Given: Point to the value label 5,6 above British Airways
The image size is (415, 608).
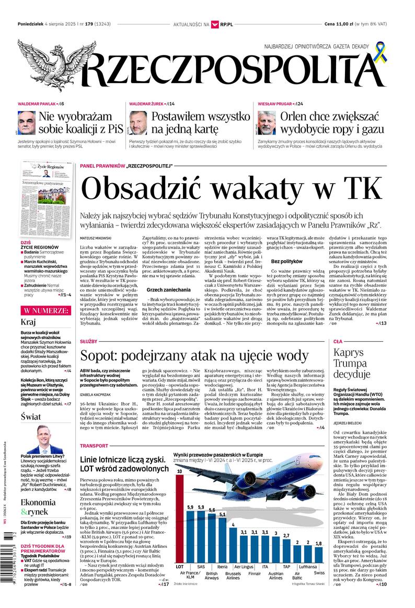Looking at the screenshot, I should click(x=212, y=510).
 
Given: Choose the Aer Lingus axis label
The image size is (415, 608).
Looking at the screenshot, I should click(x=244, y=567).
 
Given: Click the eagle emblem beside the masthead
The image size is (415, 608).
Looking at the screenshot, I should click(x=50, y=65).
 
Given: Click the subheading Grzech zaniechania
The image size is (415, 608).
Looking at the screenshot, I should click(x=165, y=289).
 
